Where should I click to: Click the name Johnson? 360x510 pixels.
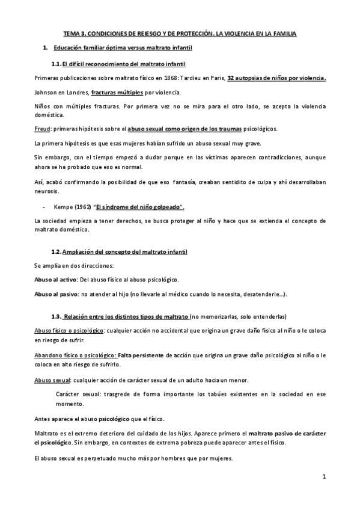coord(44,93)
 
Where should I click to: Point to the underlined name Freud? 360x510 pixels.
coord(41,128)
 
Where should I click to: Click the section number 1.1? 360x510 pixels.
coord(56,64)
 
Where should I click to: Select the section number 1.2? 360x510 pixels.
coord(56,251)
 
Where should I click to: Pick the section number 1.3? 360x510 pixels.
coord(56,316)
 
